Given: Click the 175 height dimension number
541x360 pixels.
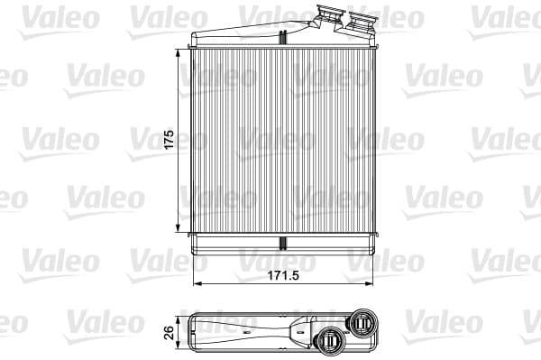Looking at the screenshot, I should click(168, 142).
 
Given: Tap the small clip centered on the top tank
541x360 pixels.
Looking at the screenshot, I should click(283, 37).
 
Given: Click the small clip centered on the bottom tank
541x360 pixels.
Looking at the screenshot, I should click(283, 244).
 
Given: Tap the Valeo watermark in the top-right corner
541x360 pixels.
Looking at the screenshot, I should click(505, 16).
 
